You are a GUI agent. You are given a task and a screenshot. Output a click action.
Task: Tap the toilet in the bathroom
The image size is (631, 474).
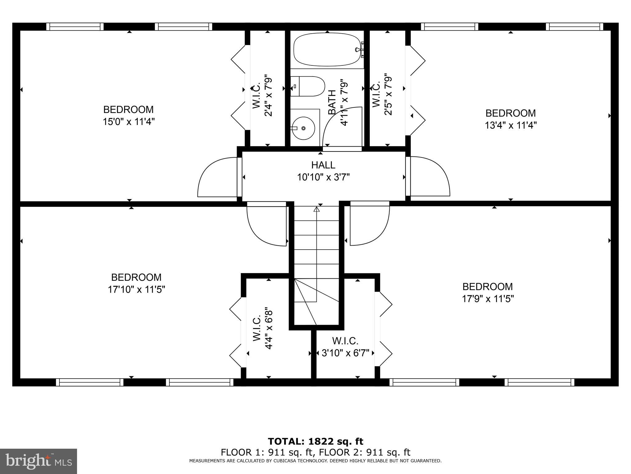[x=307, y=86]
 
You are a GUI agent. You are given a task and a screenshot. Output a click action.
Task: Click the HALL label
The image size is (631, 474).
[x=323, y=165]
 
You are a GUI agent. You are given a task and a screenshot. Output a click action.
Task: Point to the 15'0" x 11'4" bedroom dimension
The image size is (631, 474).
[x=128, y=122]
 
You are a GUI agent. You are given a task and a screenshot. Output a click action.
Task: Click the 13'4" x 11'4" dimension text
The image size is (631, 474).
[x=511, y=125]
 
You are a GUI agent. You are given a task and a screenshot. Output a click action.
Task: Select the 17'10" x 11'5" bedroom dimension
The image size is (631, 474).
[x=136, y=289]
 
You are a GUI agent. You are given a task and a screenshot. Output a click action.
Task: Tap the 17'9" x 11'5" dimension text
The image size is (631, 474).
[x=488, y=299]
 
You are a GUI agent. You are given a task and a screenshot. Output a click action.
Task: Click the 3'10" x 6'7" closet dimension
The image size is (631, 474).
[x=345, y=353]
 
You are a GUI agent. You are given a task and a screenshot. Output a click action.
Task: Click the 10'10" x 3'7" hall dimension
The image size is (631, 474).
[x=324, y=177]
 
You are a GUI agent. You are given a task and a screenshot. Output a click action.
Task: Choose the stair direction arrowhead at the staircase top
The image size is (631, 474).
[x=316, y=209]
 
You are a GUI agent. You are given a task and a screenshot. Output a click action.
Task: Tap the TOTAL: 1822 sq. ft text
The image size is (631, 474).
[x=315, y=441]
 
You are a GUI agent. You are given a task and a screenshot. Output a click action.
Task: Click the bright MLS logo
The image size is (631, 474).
[x=39, y=461]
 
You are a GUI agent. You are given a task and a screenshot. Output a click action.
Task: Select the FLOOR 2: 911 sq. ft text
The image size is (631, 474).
[x=364, y=452]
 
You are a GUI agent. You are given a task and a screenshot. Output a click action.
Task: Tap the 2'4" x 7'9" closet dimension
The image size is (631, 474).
[x=268, y=96]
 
